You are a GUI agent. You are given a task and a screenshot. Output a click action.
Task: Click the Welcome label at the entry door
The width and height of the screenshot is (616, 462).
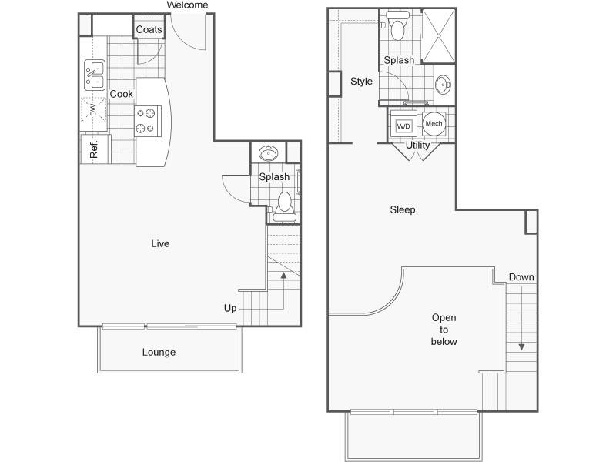point(187,5)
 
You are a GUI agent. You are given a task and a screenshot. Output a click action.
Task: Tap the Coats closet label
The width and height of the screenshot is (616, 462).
point(149,29)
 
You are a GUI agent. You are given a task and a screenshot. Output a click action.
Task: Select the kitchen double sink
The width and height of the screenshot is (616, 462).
point(95,75)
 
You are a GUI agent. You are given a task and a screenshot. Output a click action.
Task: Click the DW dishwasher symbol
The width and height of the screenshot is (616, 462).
point(93,110)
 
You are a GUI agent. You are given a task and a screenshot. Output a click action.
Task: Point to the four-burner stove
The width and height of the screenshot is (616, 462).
point(147,121)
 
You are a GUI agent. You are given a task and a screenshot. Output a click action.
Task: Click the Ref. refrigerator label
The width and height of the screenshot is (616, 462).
point(93,149)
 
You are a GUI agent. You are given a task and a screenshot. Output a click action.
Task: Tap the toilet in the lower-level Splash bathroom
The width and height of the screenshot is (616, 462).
point(284,207)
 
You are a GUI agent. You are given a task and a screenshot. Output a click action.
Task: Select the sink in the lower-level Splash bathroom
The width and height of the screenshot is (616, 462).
point(269,152)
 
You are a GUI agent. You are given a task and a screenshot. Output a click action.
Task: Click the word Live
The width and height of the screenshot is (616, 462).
point(160,243)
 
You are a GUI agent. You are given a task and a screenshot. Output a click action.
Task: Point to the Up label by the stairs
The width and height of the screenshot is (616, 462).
point(230,309)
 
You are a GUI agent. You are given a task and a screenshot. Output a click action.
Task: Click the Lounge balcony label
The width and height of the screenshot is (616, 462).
point(159,352)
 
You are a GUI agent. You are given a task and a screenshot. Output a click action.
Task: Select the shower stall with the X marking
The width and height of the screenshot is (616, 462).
point(439,35)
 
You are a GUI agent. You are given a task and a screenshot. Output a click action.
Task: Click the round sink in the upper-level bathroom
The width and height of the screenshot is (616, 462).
point(444,85)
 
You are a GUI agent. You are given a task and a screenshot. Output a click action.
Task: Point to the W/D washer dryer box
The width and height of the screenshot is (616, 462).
point(403,126)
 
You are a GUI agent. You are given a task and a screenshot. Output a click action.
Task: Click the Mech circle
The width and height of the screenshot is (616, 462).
point(434,123)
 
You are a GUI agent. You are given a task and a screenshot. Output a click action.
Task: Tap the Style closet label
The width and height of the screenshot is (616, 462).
point(361,82)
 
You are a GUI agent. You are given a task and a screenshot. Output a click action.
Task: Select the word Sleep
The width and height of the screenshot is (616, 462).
point(403,209)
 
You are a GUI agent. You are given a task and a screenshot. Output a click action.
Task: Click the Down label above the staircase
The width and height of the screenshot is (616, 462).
point(521,277)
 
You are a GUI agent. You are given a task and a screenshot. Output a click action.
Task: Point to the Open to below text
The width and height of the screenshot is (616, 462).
point(444,330)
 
